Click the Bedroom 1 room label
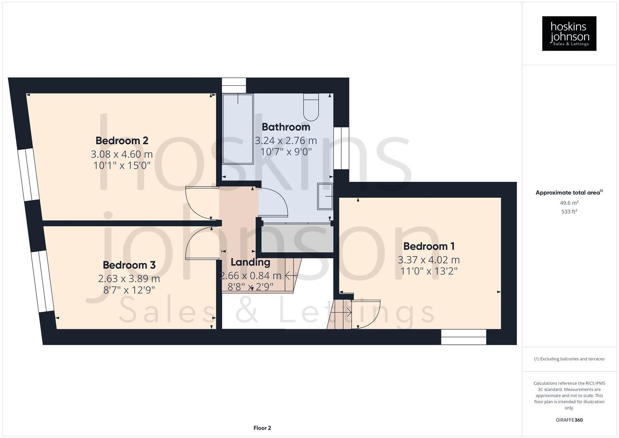pos(428,246)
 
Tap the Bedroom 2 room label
pos(122,141)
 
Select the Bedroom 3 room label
pos(129,265)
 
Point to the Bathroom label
pos(286,127)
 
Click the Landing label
pos(250,262)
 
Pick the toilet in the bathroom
pos(311,107)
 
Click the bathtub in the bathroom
pos(238,129)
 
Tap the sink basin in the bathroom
pos(325,196)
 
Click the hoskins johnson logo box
pos(569,33)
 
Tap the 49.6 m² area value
pos(569,203)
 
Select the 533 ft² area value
pos(569,212)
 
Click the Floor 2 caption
pos(262,428)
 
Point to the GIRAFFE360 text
pos(569,420)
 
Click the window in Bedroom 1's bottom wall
pos(463,337)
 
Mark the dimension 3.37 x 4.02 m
pos(428,260)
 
